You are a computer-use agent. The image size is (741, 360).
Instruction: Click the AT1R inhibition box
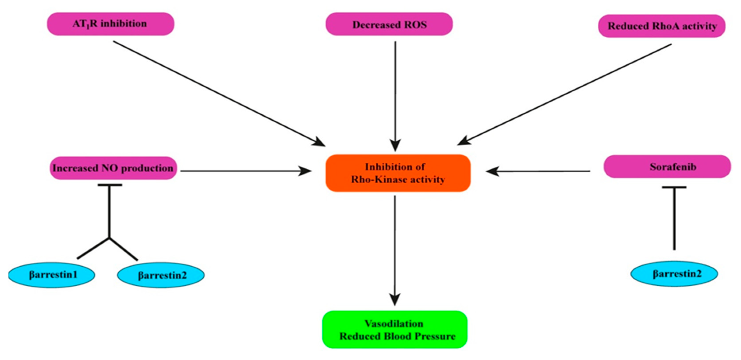click(110, 24)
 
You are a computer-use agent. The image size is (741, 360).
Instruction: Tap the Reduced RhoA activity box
click(662, 26)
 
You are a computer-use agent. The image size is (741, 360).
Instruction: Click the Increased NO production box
click(113, 168)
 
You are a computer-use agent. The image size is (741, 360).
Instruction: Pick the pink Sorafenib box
click(667, 167)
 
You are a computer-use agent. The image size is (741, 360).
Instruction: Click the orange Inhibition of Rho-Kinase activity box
click(398, 173)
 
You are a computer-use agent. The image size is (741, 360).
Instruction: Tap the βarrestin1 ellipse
click(52, 275)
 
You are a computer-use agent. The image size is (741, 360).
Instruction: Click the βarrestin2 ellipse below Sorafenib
click(674, 274)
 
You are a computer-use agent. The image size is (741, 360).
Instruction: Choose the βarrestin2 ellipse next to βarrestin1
click(161, 275)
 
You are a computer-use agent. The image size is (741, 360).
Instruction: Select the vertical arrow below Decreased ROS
click(395, 95)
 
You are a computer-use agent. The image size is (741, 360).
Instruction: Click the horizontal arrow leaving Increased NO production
click(244, 171)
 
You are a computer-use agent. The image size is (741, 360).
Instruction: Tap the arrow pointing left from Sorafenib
click(538, 171)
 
